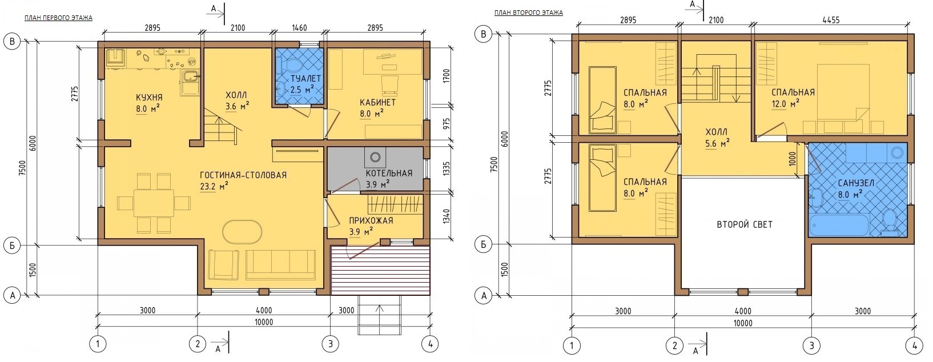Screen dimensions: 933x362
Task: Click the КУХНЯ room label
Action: coord(149,98)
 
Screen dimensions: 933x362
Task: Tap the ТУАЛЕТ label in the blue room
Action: coord(305,79)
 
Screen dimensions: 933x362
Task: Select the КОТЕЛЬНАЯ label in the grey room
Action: coord(389,174)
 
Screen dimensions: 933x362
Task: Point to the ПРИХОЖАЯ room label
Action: coord(371,220)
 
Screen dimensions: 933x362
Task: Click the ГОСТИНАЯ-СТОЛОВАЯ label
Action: coord(243,175)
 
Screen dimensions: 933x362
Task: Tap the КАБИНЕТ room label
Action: coord(378,102)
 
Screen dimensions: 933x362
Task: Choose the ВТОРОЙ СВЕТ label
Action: coord(745,224)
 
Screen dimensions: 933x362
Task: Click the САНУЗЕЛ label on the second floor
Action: coord(856,183)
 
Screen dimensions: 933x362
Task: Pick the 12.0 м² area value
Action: coord(785,104)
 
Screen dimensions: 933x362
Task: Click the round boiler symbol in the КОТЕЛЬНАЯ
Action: coord(376,157)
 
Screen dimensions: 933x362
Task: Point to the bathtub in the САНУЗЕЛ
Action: coord(840,225)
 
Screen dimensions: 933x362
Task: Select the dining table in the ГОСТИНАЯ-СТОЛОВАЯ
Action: coord(154,203)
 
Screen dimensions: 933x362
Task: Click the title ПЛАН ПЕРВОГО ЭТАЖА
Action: coord(58,18)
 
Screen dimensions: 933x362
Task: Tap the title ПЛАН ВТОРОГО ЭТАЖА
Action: coord(529,13)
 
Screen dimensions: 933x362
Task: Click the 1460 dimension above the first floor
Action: coord(299,28)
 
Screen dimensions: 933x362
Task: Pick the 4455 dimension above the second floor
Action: coord(831,20)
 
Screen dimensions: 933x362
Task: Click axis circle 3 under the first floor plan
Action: coord(330,344)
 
